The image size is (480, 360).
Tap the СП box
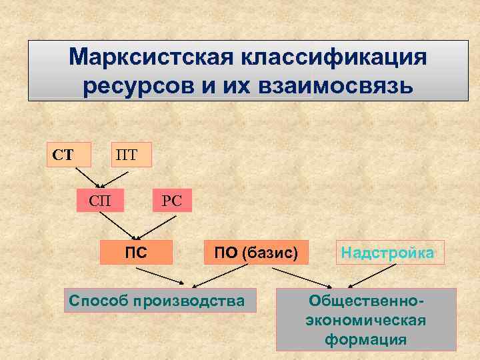coord(100,199)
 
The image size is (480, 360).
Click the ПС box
coord(136,252)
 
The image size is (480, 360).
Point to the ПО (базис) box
coord(256,252)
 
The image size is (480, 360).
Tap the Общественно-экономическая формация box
coord(366,320)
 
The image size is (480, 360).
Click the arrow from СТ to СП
coord(87,177)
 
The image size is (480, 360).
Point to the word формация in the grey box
coord(366,339)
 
